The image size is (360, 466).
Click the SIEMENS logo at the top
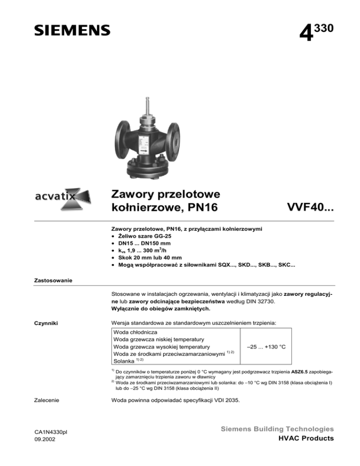point(72,30)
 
